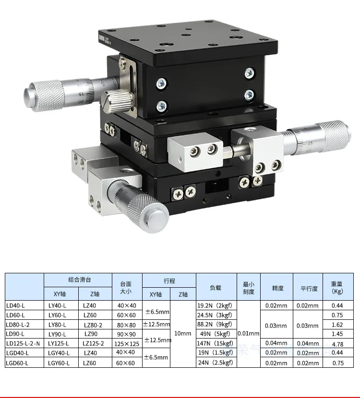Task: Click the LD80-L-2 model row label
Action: (x=18, y=325)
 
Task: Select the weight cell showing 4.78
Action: (x=337, y=344)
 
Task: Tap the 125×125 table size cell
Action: (x=127, y=344)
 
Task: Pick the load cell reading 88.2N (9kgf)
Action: (x=215, y=324)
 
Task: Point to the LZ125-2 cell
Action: (x=93, y=344)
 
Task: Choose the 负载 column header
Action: (x=216, y=288)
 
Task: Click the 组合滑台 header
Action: (x=80, y=280)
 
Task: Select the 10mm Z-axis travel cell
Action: (x=183, y=334)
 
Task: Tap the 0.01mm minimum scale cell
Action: (x=249, y=334)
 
